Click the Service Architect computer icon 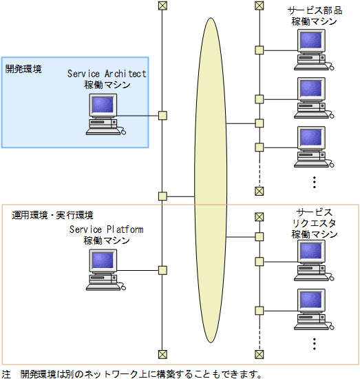click(x=104, y=114)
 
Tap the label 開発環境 click(x=23, y=69)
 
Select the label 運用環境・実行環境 click(x=53, y=216)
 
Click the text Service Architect click(x=107, y=74)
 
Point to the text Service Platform click(x=107, y=229)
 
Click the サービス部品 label click(x=315, y=10)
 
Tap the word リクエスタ click(x=315, y=223)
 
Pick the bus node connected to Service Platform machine click(x=162, y=270)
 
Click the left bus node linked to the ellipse click(x=162, y=196)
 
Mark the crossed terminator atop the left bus click(x=162, y=6)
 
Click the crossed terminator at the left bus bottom click(x=162, y=354)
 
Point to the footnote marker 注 click(x=6, y=373)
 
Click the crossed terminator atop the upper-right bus click(x=260, y=6)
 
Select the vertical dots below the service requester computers click(x=314, y=342)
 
